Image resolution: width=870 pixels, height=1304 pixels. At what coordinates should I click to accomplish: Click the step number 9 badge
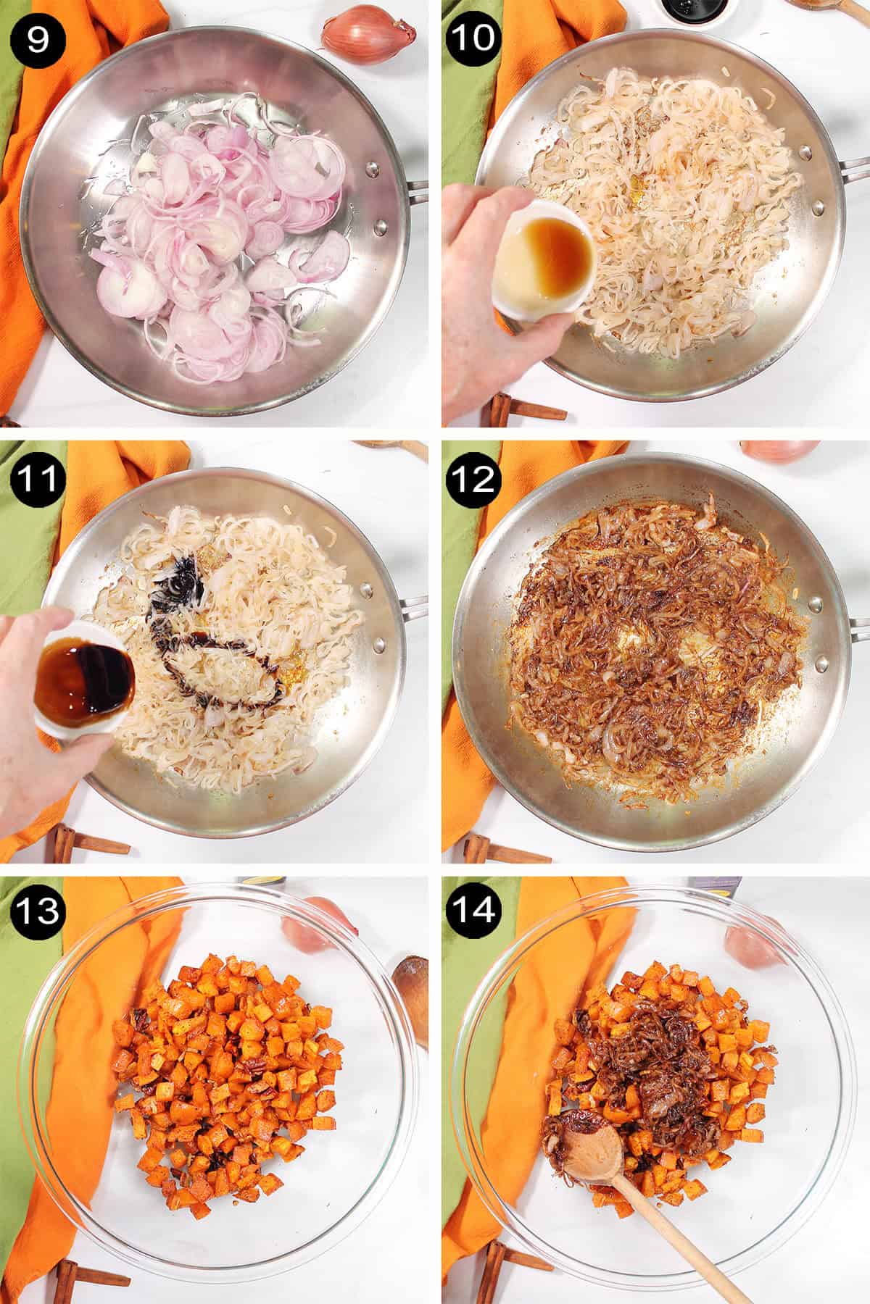[x=38, y=37]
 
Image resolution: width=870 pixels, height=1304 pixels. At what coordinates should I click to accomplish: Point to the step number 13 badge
[x=38, y=910]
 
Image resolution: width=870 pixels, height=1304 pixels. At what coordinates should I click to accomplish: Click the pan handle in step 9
[x=418, y=191]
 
